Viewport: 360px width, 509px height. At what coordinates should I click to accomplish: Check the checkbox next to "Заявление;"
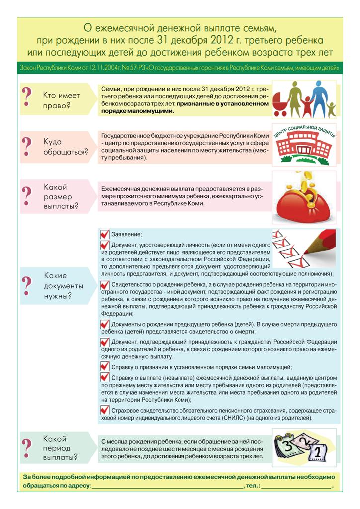[x=105, y=234]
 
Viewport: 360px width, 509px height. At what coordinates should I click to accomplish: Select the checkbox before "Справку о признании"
[x=105, y=367]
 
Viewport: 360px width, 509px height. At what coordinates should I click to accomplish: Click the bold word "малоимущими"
[x=149, y=111]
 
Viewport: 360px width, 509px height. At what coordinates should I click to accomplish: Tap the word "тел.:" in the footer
[x=253, y=484]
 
